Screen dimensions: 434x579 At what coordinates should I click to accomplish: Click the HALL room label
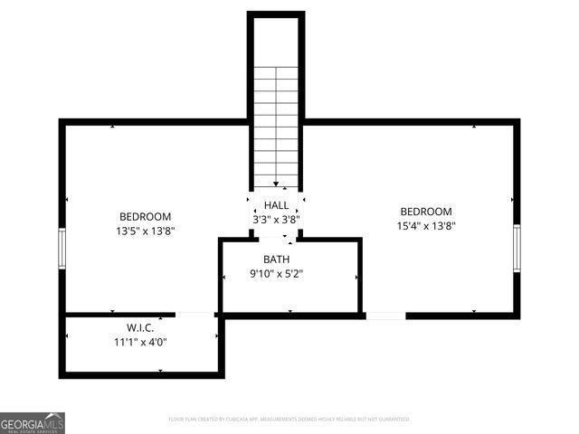coord(276,205)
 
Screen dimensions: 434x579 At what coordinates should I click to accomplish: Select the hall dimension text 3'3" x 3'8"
coord(276,219)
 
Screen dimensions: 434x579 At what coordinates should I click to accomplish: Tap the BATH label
coord(276,259)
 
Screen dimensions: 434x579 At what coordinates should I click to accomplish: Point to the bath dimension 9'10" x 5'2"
coord(276,274)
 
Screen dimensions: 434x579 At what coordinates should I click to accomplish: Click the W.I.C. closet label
coord(140,327)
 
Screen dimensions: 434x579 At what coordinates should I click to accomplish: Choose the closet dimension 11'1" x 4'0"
coord(140,342)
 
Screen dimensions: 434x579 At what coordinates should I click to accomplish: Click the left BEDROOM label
coord(146,216)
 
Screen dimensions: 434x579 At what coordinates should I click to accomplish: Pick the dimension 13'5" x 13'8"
coord(146,231)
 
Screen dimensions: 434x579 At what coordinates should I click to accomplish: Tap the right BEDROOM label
coord(426,212)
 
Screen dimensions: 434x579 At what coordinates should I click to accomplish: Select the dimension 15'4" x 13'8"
coord(426,226)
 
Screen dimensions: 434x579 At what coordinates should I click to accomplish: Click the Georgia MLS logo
coord(33,423)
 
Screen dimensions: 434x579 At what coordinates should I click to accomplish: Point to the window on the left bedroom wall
coord(62,250)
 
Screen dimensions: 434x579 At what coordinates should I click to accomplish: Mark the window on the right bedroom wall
coord(517,248)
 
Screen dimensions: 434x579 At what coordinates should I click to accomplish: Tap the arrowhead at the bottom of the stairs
coord(275,184)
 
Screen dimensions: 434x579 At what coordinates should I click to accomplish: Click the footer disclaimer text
coord(289,420)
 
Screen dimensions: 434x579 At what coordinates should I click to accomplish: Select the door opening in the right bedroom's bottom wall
coord(385,316)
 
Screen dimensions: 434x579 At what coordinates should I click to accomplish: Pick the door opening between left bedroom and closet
coord(195,315)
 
